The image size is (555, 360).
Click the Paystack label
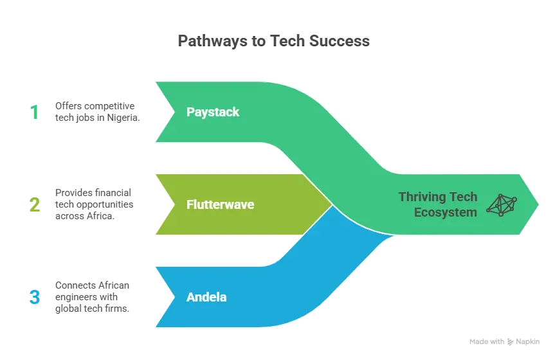coord(212,112)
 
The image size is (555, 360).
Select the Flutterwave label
coord(220,204)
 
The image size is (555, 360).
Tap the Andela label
coord(206,298)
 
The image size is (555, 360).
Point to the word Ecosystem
coord(445,212)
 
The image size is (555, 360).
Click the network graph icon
coord(502,204)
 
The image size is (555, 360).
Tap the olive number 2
coord(33,205)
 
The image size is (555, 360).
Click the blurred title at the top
coord(273,40)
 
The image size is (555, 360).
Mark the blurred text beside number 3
coord(93,296)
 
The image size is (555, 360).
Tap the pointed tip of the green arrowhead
coord(539,204)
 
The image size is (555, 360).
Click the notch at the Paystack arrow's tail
coord(174,112)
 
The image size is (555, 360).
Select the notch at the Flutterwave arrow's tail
coord(174,204)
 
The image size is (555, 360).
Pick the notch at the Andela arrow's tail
coord(174,297)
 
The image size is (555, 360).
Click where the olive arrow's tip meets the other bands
coord(332,204)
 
